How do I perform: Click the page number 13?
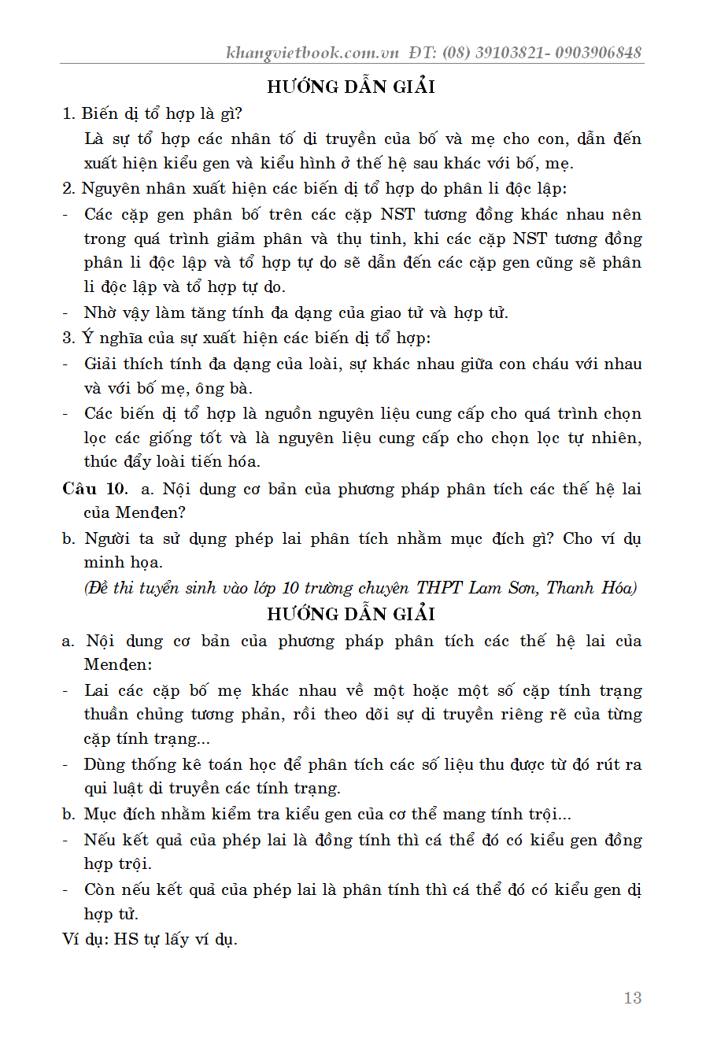[632, 998]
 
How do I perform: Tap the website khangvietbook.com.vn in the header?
[312, 53]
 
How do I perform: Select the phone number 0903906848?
[598, 53]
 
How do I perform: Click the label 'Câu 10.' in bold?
[94, 489]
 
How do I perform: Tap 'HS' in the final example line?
[126, 939]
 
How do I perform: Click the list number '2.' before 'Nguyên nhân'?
[68, 189]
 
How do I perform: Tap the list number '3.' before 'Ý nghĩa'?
[68, 338]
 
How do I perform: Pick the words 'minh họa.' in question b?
[123, 562]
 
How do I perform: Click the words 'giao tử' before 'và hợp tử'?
[400, 313]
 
